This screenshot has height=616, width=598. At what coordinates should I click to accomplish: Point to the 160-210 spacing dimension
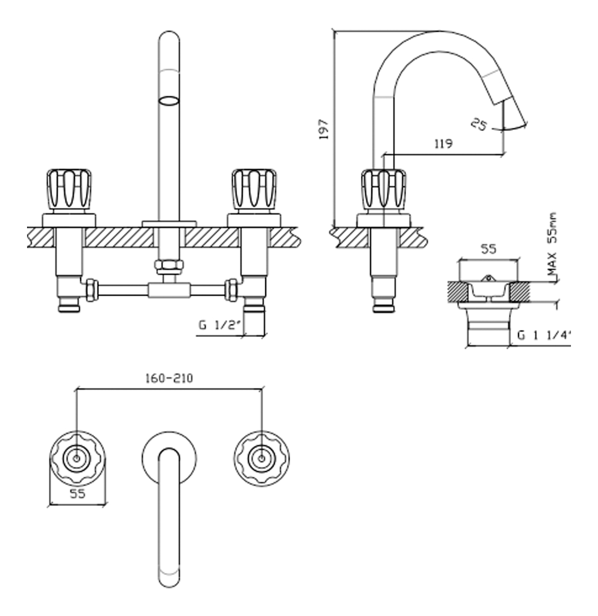tap(168, 378)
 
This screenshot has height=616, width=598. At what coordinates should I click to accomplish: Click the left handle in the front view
tap(69, 189)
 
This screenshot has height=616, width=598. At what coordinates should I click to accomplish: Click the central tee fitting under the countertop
tap(168, 290)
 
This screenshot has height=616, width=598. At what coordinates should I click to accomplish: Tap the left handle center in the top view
tap(77, 458)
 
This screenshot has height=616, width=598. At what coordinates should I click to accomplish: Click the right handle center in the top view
tap(261, 458)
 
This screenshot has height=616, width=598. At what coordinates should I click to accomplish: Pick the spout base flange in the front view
tap(168, 224)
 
